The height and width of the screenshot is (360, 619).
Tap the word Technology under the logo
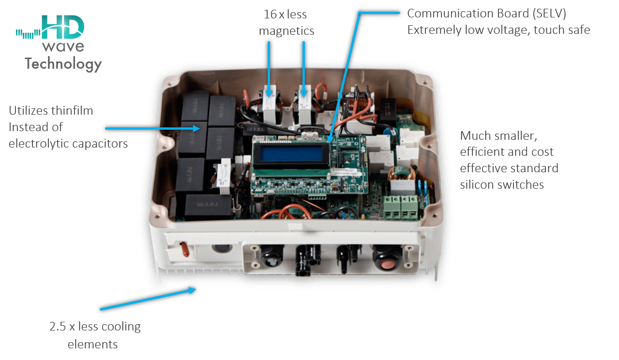coord(63,64)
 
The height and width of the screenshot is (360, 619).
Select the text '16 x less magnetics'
coord(287,23)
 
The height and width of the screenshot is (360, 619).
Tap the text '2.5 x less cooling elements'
coord(95,335)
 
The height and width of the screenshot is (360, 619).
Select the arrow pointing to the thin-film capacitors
coord(152,128)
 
